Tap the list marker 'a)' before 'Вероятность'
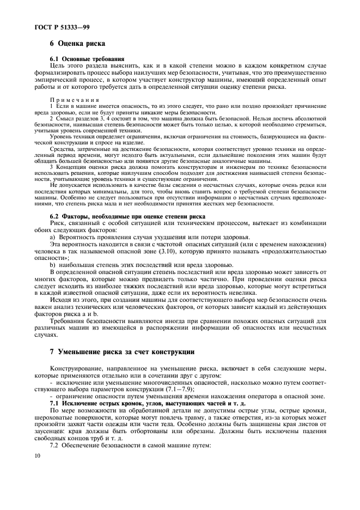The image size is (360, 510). coord(53,236)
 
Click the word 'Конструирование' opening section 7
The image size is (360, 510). coord(75,369)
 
